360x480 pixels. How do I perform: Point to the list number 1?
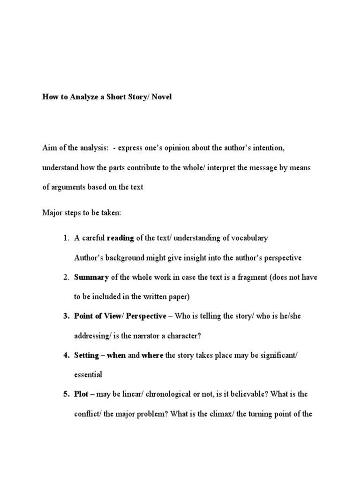tap(66, 238)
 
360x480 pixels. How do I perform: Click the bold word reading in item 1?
tap(121, 238)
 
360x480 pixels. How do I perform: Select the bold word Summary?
tap(91, 277)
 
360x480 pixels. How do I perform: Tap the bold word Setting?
tap(86, 355)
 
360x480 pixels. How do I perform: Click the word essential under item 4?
tap(88, 375)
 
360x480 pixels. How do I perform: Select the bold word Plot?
tap(81, 394)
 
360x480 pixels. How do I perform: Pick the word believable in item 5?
tap(244, 394)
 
